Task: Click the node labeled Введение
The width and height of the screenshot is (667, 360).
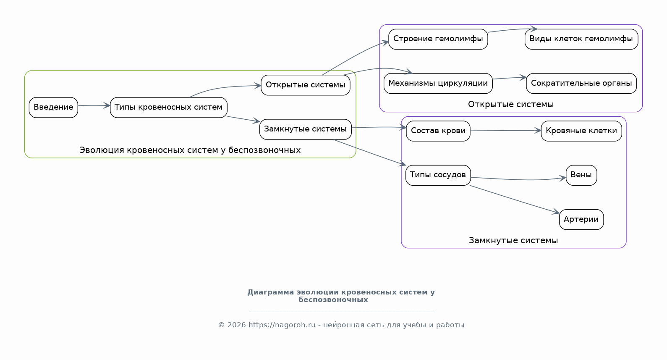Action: pos(53,107)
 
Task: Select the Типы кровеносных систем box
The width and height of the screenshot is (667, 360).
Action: pos(169,107)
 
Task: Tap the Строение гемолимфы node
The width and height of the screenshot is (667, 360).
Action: pos(438,39)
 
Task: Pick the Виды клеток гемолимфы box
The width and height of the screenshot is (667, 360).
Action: pos(581,39)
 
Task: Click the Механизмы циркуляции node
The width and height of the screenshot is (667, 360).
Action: pos(438,84)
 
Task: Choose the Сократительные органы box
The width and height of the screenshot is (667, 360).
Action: pos(581,84)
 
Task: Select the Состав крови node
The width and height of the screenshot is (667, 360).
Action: pos(438,131)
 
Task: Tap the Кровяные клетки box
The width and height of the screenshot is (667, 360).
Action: pos(581,131)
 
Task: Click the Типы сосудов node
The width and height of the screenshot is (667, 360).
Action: pos(438,175)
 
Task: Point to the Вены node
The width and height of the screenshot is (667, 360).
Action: pos(581,175)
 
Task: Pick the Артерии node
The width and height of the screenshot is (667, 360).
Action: pos(581,220)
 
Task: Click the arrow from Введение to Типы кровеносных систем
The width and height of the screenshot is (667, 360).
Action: pos(94,105)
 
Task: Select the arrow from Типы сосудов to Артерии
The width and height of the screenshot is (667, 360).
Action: pos(515,200)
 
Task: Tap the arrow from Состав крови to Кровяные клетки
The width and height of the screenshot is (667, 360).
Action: pos(506,131)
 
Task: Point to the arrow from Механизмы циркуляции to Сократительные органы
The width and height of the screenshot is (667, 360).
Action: pos(510,78)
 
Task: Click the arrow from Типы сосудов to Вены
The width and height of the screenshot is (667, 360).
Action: pos(518,179)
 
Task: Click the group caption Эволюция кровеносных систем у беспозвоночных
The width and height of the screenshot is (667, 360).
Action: pos(190,150)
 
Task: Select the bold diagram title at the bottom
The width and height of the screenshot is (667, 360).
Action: pos(341,296)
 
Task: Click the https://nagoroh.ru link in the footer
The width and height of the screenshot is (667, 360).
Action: pos(282,325)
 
